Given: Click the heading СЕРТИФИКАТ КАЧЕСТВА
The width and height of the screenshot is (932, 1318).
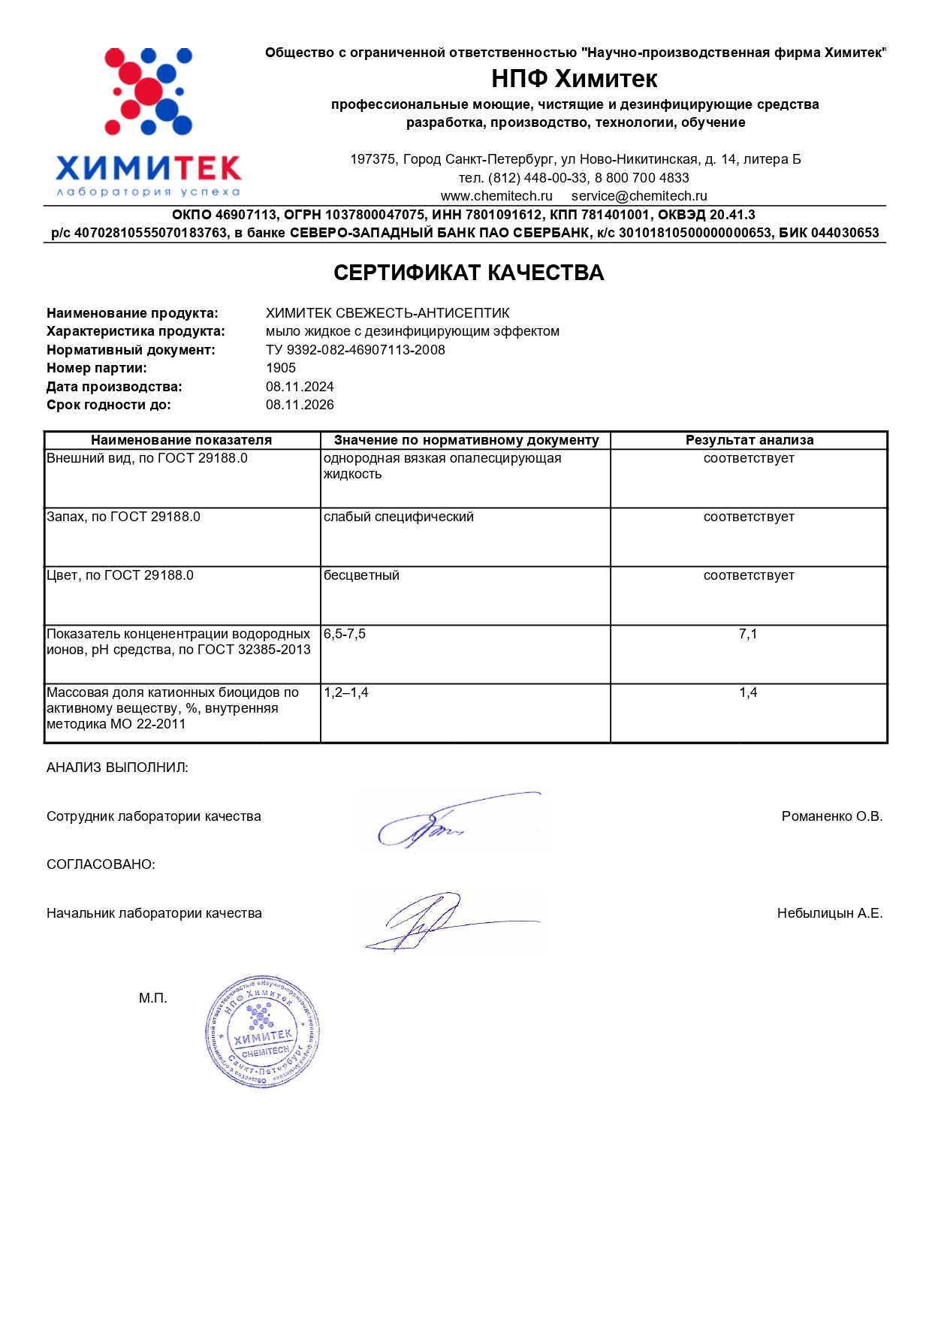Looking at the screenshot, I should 469,273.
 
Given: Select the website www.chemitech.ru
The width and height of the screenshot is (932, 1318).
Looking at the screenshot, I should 496,196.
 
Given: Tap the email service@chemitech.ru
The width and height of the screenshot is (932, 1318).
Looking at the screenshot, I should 639,196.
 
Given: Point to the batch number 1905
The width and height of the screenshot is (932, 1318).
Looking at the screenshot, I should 281,368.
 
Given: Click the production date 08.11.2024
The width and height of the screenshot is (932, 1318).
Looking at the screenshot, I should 300,387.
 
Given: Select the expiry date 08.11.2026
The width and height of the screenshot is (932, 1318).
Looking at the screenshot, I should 300,405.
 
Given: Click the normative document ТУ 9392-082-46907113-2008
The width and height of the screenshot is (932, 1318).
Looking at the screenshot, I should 355,350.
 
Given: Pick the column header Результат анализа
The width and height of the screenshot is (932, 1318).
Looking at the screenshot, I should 749,440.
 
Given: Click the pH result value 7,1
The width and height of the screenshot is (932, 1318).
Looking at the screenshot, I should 748,634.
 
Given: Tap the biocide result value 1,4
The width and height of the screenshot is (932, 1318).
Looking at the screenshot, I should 748,692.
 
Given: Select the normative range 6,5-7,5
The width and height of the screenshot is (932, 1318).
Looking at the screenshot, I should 345,634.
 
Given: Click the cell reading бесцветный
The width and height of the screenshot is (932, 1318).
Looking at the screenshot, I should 361,575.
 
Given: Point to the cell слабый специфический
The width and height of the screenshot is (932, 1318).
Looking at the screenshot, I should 398,517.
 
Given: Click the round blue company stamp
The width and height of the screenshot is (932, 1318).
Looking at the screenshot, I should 262,1033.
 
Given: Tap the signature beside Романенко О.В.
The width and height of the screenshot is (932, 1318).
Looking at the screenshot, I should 451,820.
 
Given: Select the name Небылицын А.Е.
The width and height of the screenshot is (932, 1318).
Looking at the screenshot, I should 829,913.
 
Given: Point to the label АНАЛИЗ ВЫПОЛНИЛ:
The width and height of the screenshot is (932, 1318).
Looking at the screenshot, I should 117,768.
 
